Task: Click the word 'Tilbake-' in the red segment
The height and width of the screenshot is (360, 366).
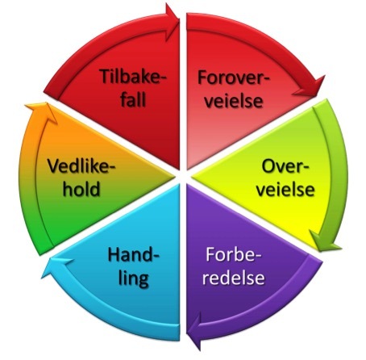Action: click(133, 77)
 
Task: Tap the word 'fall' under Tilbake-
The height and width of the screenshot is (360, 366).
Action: click(133, 99)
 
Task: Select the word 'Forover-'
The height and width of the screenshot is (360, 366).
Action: click(233, 77)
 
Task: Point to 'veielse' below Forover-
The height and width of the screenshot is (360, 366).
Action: click(233, 101)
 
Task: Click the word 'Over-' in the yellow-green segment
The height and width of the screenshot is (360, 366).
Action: click(285, 166)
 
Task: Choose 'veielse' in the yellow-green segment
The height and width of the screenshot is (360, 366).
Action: click(285, 190)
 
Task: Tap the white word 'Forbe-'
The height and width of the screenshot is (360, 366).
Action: click(233, 254)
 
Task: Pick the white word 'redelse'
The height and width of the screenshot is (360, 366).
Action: click(233, 277)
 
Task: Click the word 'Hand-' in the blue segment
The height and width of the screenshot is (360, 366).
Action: click(133, 254)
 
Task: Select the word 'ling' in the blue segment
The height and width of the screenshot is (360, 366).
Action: click(134, 278)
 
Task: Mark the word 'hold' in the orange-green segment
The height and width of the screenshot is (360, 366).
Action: click(81, 189)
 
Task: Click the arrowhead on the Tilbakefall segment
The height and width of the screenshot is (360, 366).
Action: click(172, 22)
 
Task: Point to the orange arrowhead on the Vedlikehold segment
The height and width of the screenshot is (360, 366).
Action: click(43, 111)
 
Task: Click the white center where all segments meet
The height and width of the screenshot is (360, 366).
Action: click(183, 177)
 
